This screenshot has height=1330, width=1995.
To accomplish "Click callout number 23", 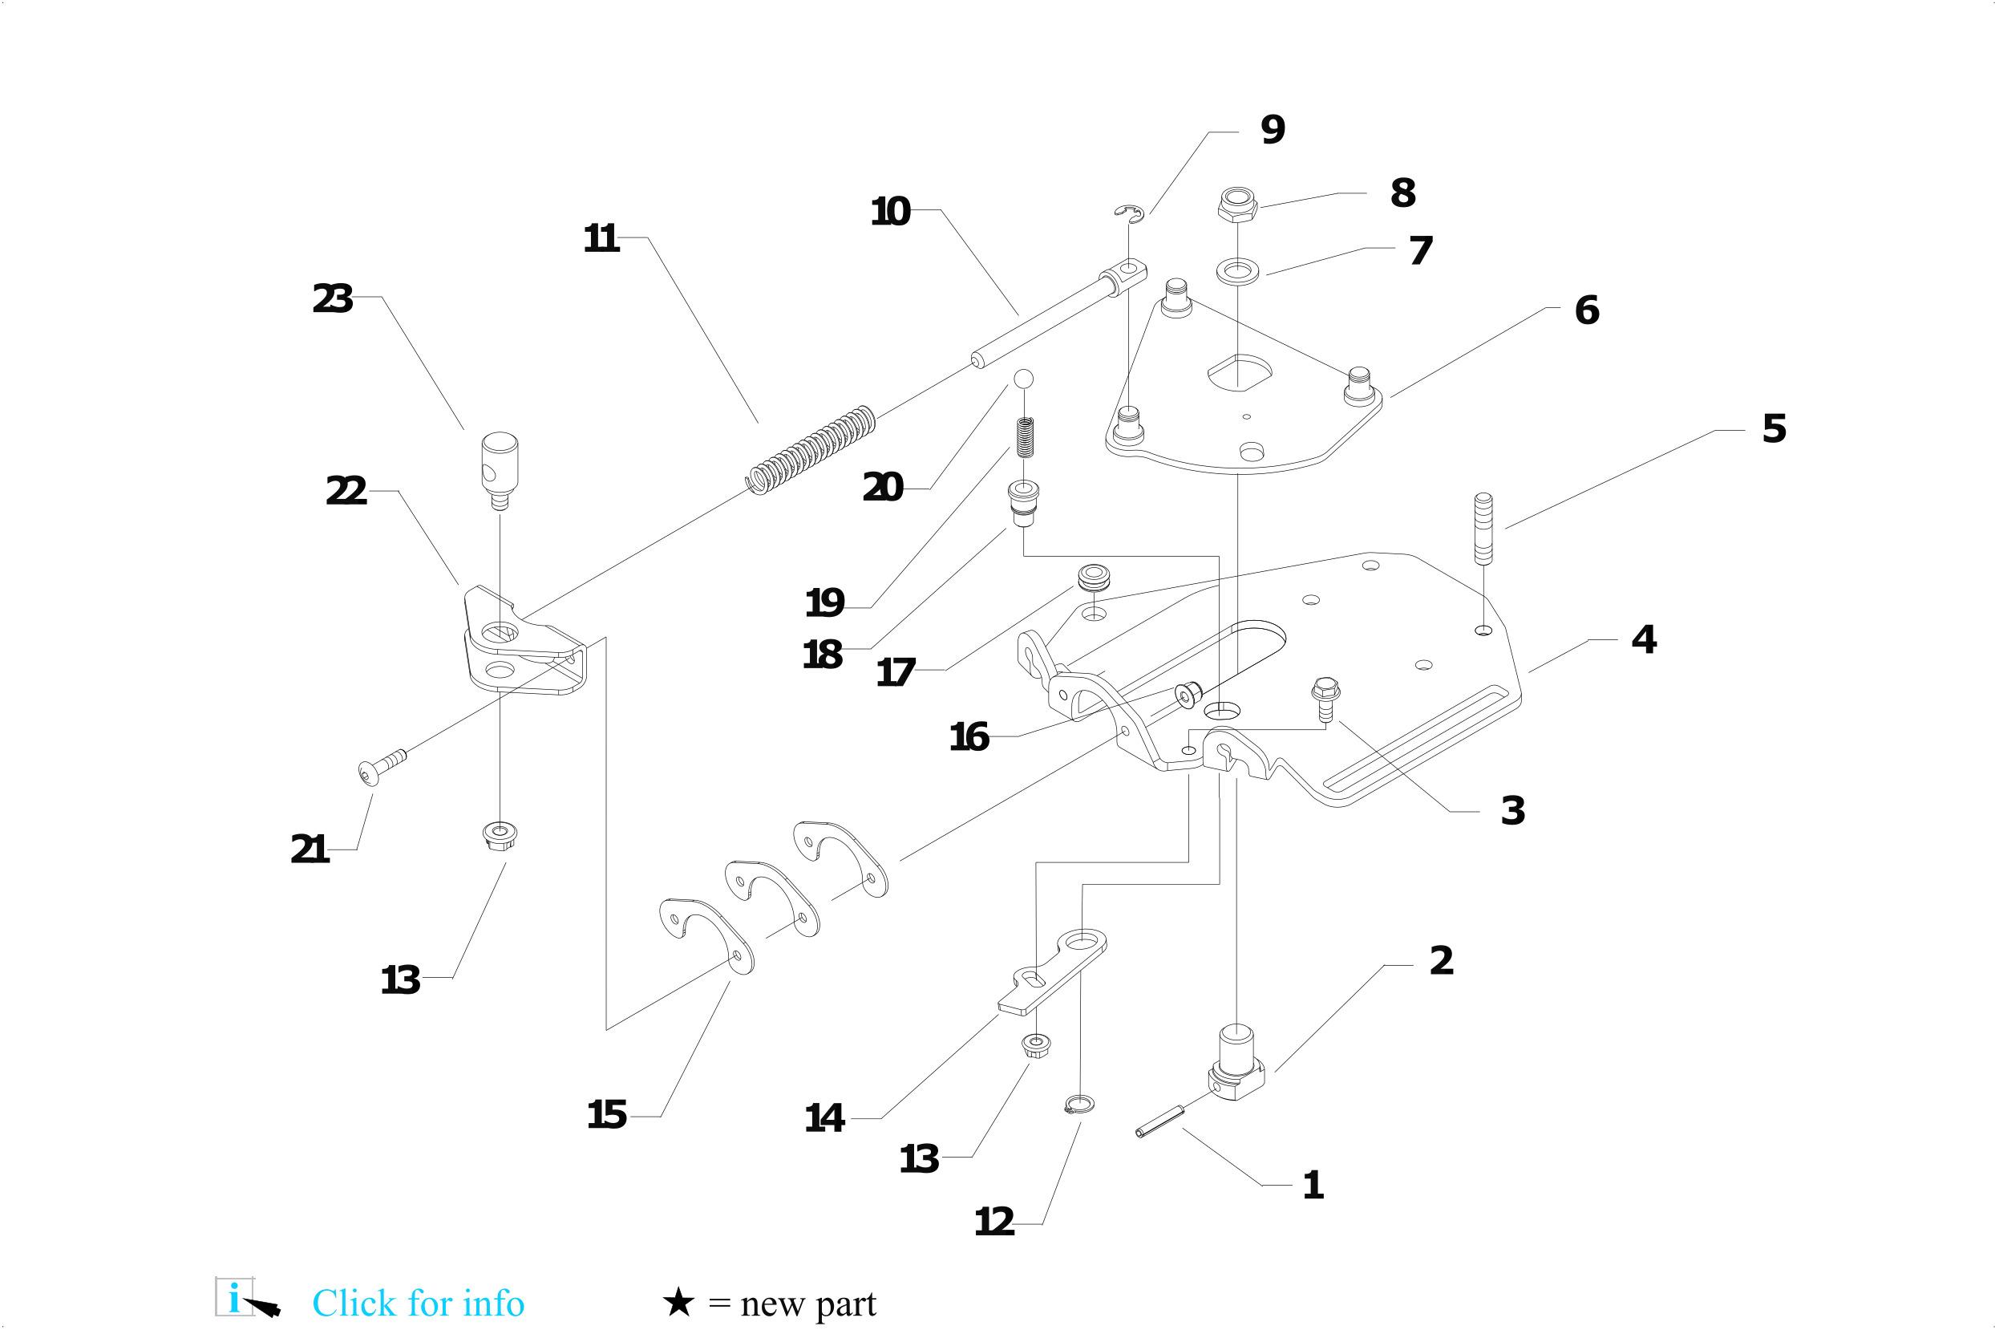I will pyautogui.click(x=332, y=299).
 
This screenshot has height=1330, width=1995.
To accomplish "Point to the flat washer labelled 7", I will pyautogui.click(x=1238, y=272).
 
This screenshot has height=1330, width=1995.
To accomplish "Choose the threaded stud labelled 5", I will pyautogui.click(x=1483, y=528).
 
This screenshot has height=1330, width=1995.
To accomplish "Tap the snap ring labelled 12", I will pyautogui.click(x=1078, y=1104).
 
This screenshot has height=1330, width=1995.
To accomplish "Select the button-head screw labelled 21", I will pyautogui.click(x=381, y=765).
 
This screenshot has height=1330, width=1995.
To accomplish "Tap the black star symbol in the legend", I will pyautogui.click(x=678, y=1303).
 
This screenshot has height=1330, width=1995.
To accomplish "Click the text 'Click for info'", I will pyautogui.click(x=418, y=1303).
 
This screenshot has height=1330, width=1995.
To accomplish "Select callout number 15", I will pyautogui.click(x=607, y=1114).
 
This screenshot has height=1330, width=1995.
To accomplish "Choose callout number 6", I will pyautogui.click(x=1586, y=310).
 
